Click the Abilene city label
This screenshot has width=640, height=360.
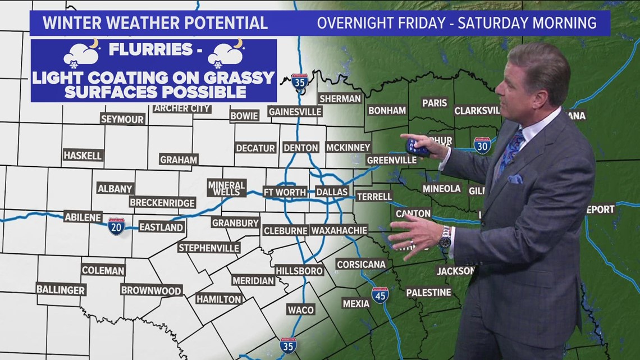(83, 217)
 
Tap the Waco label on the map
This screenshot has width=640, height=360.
(300, 309)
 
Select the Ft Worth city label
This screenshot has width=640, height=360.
(285, 192)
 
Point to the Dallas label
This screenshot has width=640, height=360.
(332, 192)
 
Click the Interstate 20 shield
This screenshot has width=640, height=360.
(116, 226)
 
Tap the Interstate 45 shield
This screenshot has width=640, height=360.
(380, 295)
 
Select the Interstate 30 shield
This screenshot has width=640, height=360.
(482, 145)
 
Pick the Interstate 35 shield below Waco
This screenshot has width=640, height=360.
(288, 345)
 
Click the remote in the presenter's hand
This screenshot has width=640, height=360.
(417, 147)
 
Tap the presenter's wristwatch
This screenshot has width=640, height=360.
(445, 238)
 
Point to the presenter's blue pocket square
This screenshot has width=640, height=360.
(515, 179)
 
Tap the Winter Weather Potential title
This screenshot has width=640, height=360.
(155, 23)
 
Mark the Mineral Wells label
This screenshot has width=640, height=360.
(226, 188)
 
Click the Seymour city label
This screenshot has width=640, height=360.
(122, 119)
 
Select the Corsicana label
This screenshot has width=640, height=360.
(361, 264)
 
